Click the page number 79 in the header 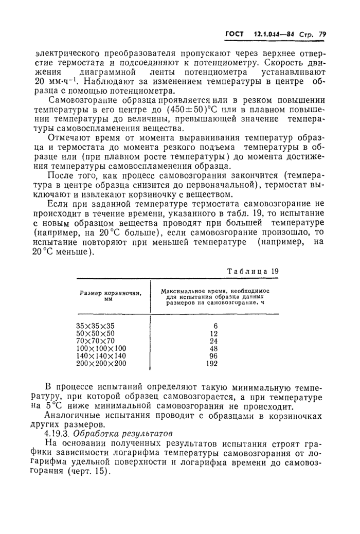[x=322, y=35]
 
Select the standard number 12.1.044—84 [x=275, y=35]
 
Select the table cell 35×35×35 [x=96, y=326]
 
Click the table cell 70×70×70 [x=96, y=341]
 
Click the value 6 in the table [x=215, y=326]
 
